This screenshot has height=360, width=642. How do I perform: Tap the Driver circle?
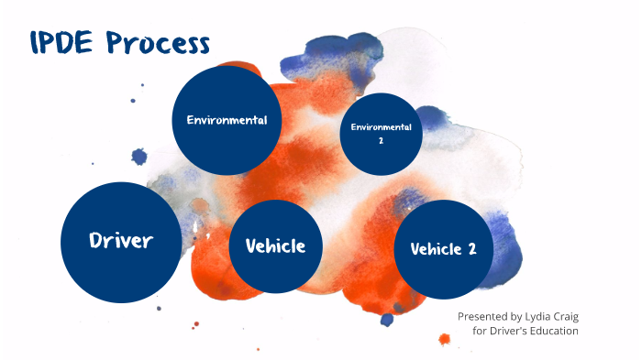pyautogui.click(x=120, y=241)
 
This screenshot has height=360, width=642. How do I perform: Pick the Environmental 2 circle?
pyautogui.click(x=381, y=135)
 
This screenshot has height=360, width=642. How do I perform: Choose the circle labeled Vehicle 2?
pyautogui.click(x=443, y=249)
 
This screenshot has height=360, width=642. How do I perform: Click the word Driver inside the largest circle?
pyautogui.click(x=120, y=241)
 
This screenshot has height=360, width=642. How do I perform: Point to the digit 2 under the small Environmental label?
pyautogui.click(x=381, y=142)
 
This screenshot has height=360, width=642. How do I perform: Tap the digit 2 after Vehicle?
pyautogui.click(x=471, y=249)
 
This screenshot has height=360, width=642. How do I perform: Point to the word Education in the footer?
pyautogui.click(x=555, y=331)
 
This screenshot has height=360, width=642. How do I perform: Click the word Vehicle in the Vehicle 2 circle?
pyautogui.click(x=434, y=249)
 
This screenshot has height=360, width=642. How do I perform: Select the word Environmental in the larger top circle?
pyautogui.click(x=227, y=120)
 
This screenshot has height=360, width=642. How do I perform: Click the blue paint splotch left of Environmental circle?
pyautogui.click(x=139, y=157)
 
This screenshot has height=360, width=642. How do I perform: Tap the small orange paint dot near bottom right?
pyautogui.click(x=445, y=339)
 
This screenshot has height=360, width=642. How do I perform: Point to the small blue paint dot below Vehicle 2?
pyautogui.click(x=387, y=320)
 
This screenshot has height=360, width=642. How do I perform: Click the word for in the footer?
pyautogui.click(x=480, y=331)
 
